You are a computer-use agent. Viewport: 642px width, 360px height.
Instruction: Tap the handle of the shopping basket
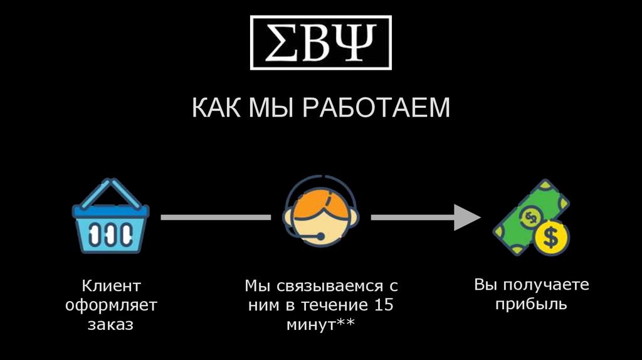coord(110,190)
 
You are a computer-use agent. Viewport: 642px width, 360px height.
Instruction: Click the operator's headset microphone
coord(320,237)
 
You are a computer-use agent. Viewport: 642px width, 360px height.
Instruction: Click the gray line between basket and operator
coord(216,217)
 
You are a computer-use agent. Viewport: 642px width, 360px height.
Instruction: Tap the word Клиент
coord(111,287)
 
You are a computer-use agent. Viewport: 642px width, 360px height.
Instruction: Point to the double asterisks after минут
coord(345,324)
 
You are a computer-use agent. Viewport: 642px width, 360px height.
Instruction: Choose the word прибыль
coord(530,305)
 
